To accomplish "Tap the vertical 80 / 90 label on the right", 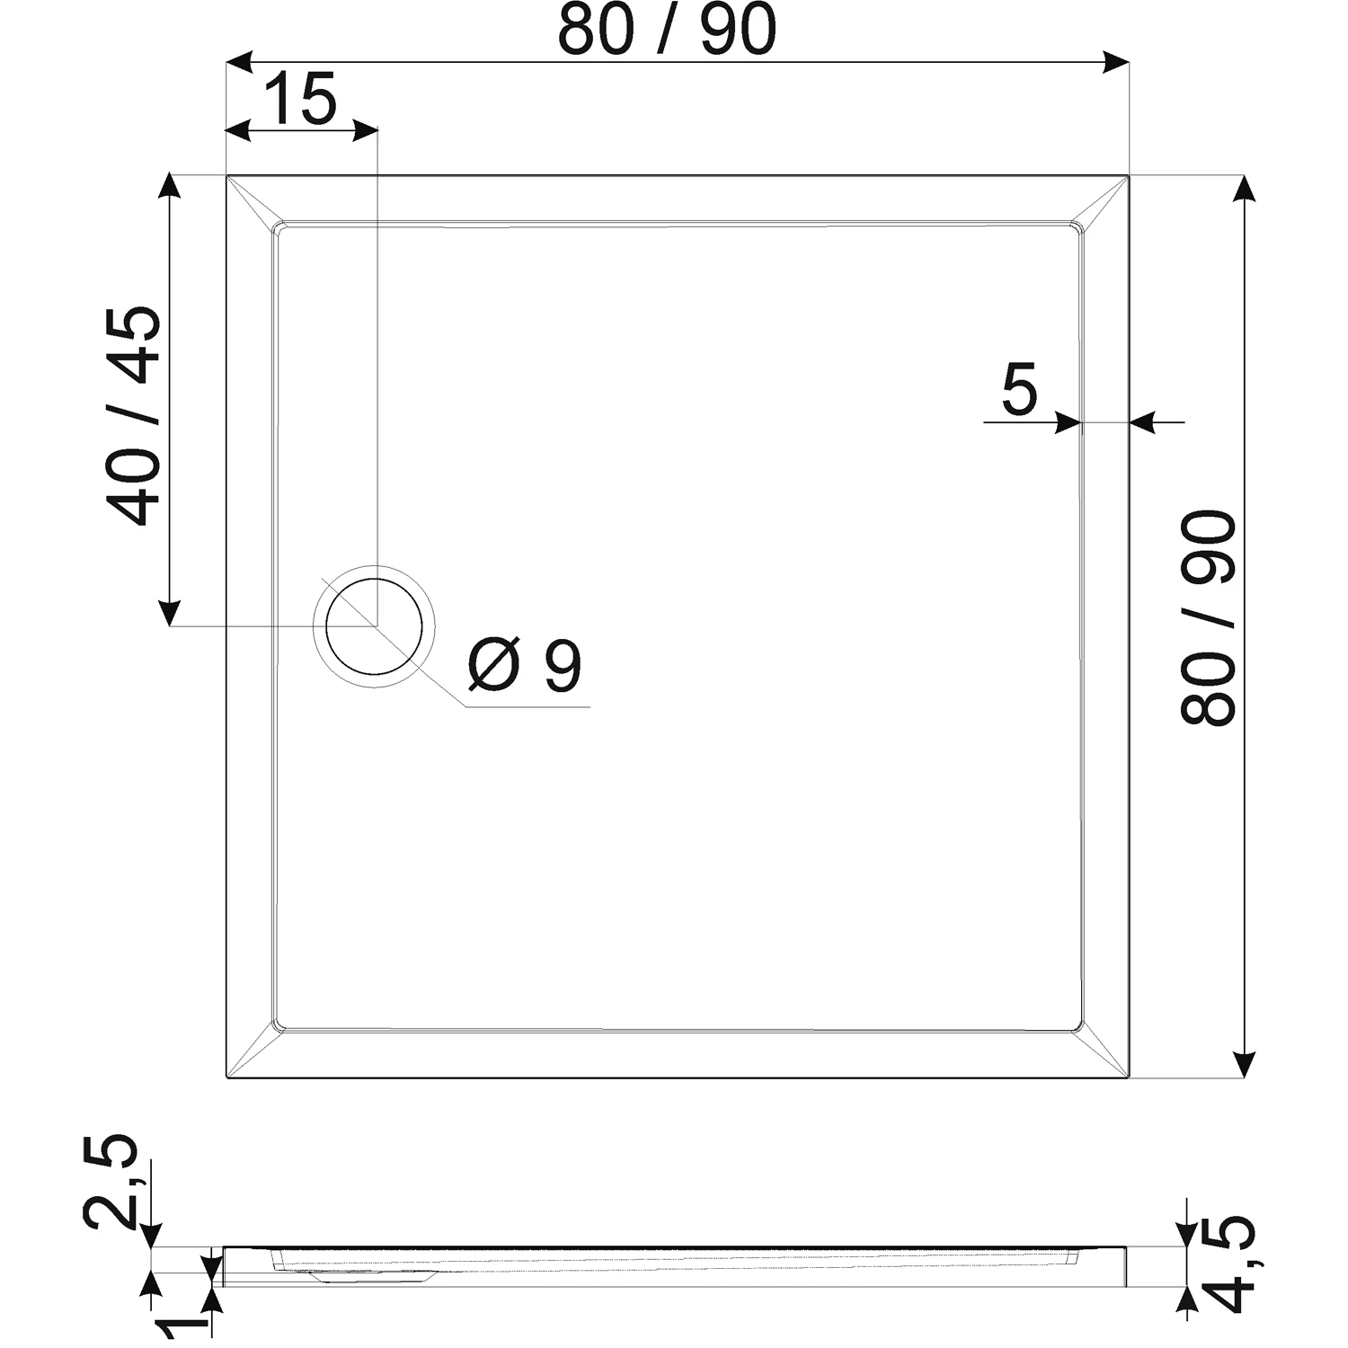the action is pos(1209,617).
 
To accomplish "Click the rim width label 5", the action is pos(1019,389).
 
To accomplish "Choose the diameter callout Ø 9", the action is pos(526,666).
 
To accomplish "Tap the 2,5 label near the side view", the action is pos(111,1181).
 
